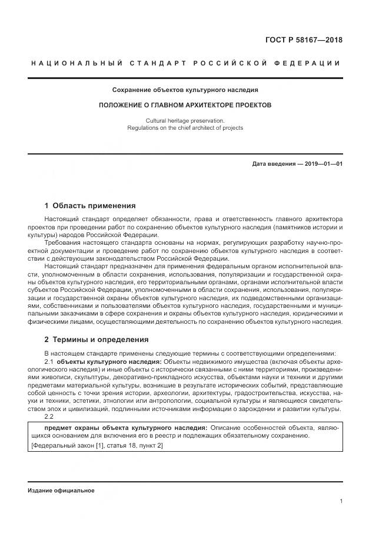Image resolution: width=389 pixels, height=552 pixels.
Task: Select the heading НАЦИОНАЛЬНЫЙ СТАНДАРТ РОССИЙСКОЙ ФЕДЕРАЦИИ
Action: click(x=185, y=64)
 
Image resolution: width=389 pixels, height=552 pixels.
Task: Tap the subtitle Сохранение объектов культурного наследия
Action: click(x=185, y=90)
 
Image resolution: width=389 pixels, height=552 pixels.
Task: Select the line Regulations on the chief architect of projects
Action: click(x=185, y=127)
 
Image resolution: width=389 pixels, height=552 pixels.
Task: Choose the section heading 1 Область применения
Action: click(x=90, y=206)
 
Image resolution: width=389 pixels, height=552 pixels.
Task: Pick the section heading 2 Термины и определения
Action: click(x=97, y=340)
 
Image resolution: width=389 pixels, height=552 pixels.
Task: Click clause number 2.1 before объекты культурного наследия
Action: click(x=49, y=361)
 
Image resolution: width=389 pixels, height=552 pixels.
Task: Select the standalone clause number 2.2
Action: click(x=49, y=418)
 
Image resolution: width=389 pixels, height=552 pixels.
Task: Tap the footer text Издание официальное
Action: click(x=61, y=491)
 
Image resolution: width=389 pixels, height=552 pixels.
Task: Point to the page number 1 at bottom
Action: click(x=341, y=501)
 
